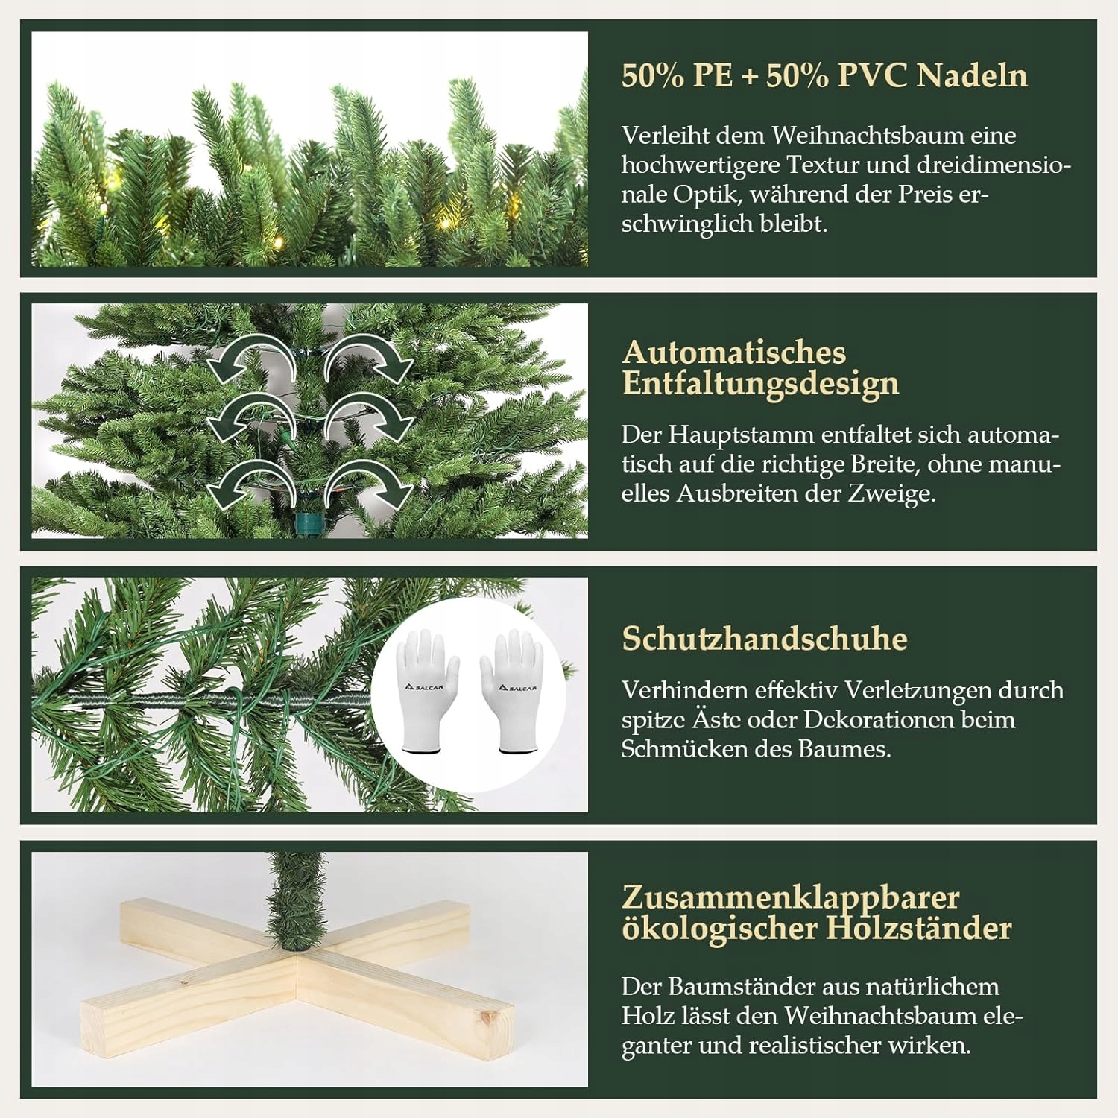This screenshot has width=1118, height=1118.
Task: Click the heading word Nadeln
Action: pos(972,75)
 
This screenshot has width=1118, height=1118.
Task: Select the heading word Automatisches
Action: pos(734,352)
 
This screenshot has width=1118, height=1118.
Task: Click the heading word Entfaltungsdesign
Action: pos(761,384)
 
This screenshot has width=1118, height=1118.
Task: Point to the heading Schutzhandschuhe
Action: pos(765,639)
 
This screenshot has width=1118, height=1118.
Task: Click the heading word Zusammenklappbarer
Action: pos(791,898)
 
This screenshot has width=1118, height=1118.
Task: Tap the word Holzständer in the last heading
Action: pos(918,929)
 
